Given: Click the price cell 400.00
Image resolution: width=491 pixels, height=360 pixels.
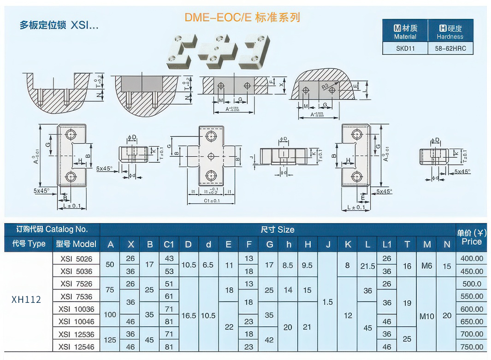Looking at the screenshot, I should (472, 259).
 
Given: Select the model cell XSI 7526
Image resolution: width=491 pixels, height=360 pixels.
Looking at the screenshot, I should (76, 283).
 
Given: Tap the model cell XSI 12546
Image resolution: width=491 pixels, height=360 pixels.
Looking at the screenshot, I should (76, 347).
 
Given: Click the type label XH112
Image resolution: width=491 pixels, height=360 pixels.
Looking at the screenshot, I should (26, 300).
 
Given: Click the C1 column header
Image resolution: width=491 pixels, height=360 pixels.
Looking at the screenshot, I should (169, 244).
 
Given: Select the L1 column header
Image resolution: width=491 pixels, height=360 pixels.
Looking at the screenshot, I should (386, 244).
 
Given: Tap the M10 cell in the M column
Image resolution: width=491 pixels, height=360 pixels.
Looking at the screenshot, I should (427, 316).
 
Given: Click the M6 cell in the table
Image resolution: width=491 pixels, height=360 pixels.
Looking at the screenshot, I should (427, 266).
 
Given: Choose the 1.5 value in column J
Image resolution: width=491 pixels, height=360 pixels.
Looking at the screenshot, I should (327, 302).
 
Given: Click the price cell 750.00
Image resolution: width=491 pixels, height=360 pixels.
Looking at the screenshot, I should (472, 347).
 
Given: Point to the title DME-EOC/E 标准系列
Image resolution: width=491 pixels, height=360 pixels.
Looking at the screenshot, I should (242, 18).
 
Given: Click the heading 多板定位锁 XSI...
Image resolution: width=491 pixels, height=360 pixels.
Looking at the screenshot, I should (59, 25).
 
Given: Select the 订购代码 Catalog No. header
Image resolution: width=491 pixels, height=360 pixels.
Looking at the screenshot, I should (52, 229).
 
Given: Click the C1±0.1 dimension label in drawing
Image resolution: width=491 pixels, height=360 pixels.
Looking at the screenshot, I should (212, 201).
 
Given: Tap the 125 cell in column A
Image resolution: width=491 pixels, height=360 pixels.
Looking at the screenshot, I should (110, 340).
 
